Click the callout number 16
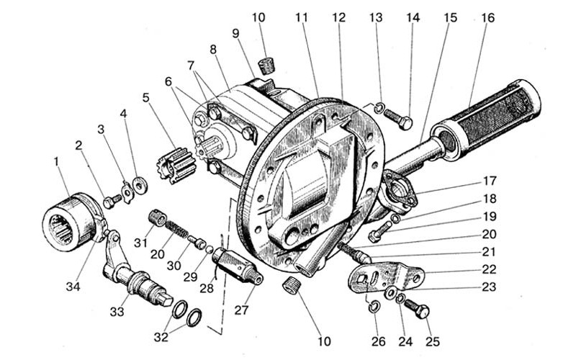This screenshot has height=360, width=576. tap(488, 17)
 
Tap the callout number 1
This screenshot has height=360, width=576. tap(56, 161)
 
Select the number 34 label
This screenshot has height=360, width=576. tap(73, 286)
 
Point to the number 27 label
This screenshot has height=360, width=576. tap(242, 310)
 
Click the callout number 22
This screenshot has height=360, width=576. tap(489, 269)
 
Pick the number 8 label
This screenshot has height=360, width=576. tap(213, 50)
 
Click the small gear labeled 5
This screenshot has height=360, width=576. tap(177, 165)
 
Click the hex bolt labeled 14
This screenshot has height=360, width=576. tap(398, 119)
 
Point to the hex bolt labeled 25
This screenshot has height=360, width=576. tap(417, 309)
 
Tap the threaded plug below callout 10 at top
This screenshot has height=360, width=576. tap(267, 66)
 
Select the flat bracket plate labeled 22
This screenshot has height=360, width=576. tap(386, 276)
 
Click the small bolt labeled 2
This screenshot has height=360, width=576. tap(112, 201)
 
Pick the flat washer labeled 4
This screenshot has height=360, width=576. tap(140, 185)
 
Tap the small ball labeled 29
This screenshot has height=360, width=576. tap(209, 249)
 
